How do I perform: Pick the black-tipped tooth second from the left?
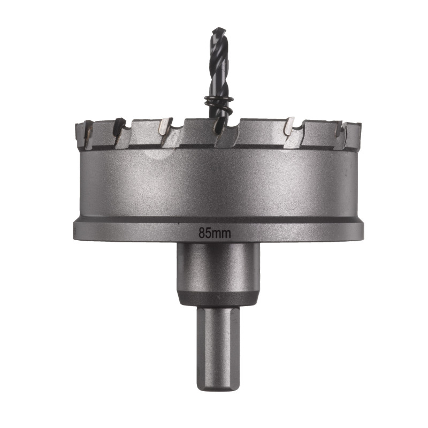(119, 127)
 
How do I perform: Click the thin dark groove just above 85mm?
(218, 220)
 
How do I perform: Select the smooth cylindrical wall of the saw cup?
(218, 182)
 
